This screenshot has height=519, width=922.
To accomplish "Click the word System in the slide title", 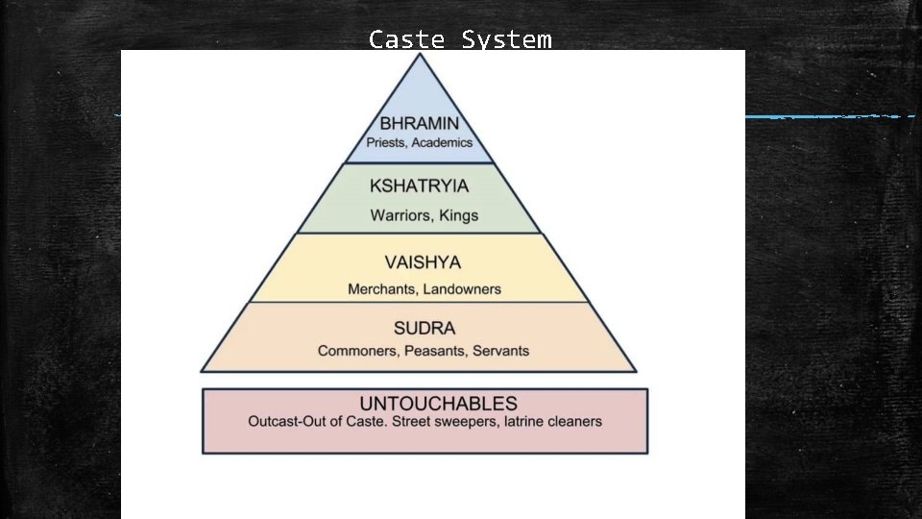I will tap(506, 39).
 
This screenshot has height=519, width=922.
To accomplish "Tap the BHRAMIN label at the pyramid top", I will tap(419, 123).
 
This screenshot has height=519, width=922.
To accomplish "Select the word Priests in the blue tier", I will tap(392, 142).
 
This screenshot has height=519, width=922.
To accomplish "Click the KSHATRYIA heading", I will tap(420, 186).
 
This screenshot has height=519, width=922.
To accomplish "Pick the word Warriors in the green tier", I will tap(402, 215).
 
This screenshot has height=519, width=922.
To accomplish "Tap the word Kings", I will tap(458, 215).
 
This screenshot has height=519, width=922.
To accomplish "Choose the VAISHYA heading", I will tap(423, 261).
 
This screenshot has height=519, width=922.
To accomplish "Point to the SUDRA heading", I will tap(425, 329).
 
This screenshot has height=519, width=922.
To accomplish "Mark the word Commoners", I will tap(354, 351).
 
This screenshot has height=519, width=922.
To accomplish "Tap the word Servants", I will tap(500, 351).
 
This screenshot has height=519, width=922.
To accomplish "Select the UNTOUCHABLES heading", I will tap(425, 404).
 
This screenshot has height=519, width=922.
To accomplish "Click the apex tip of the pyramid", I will tap(419, 55).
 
